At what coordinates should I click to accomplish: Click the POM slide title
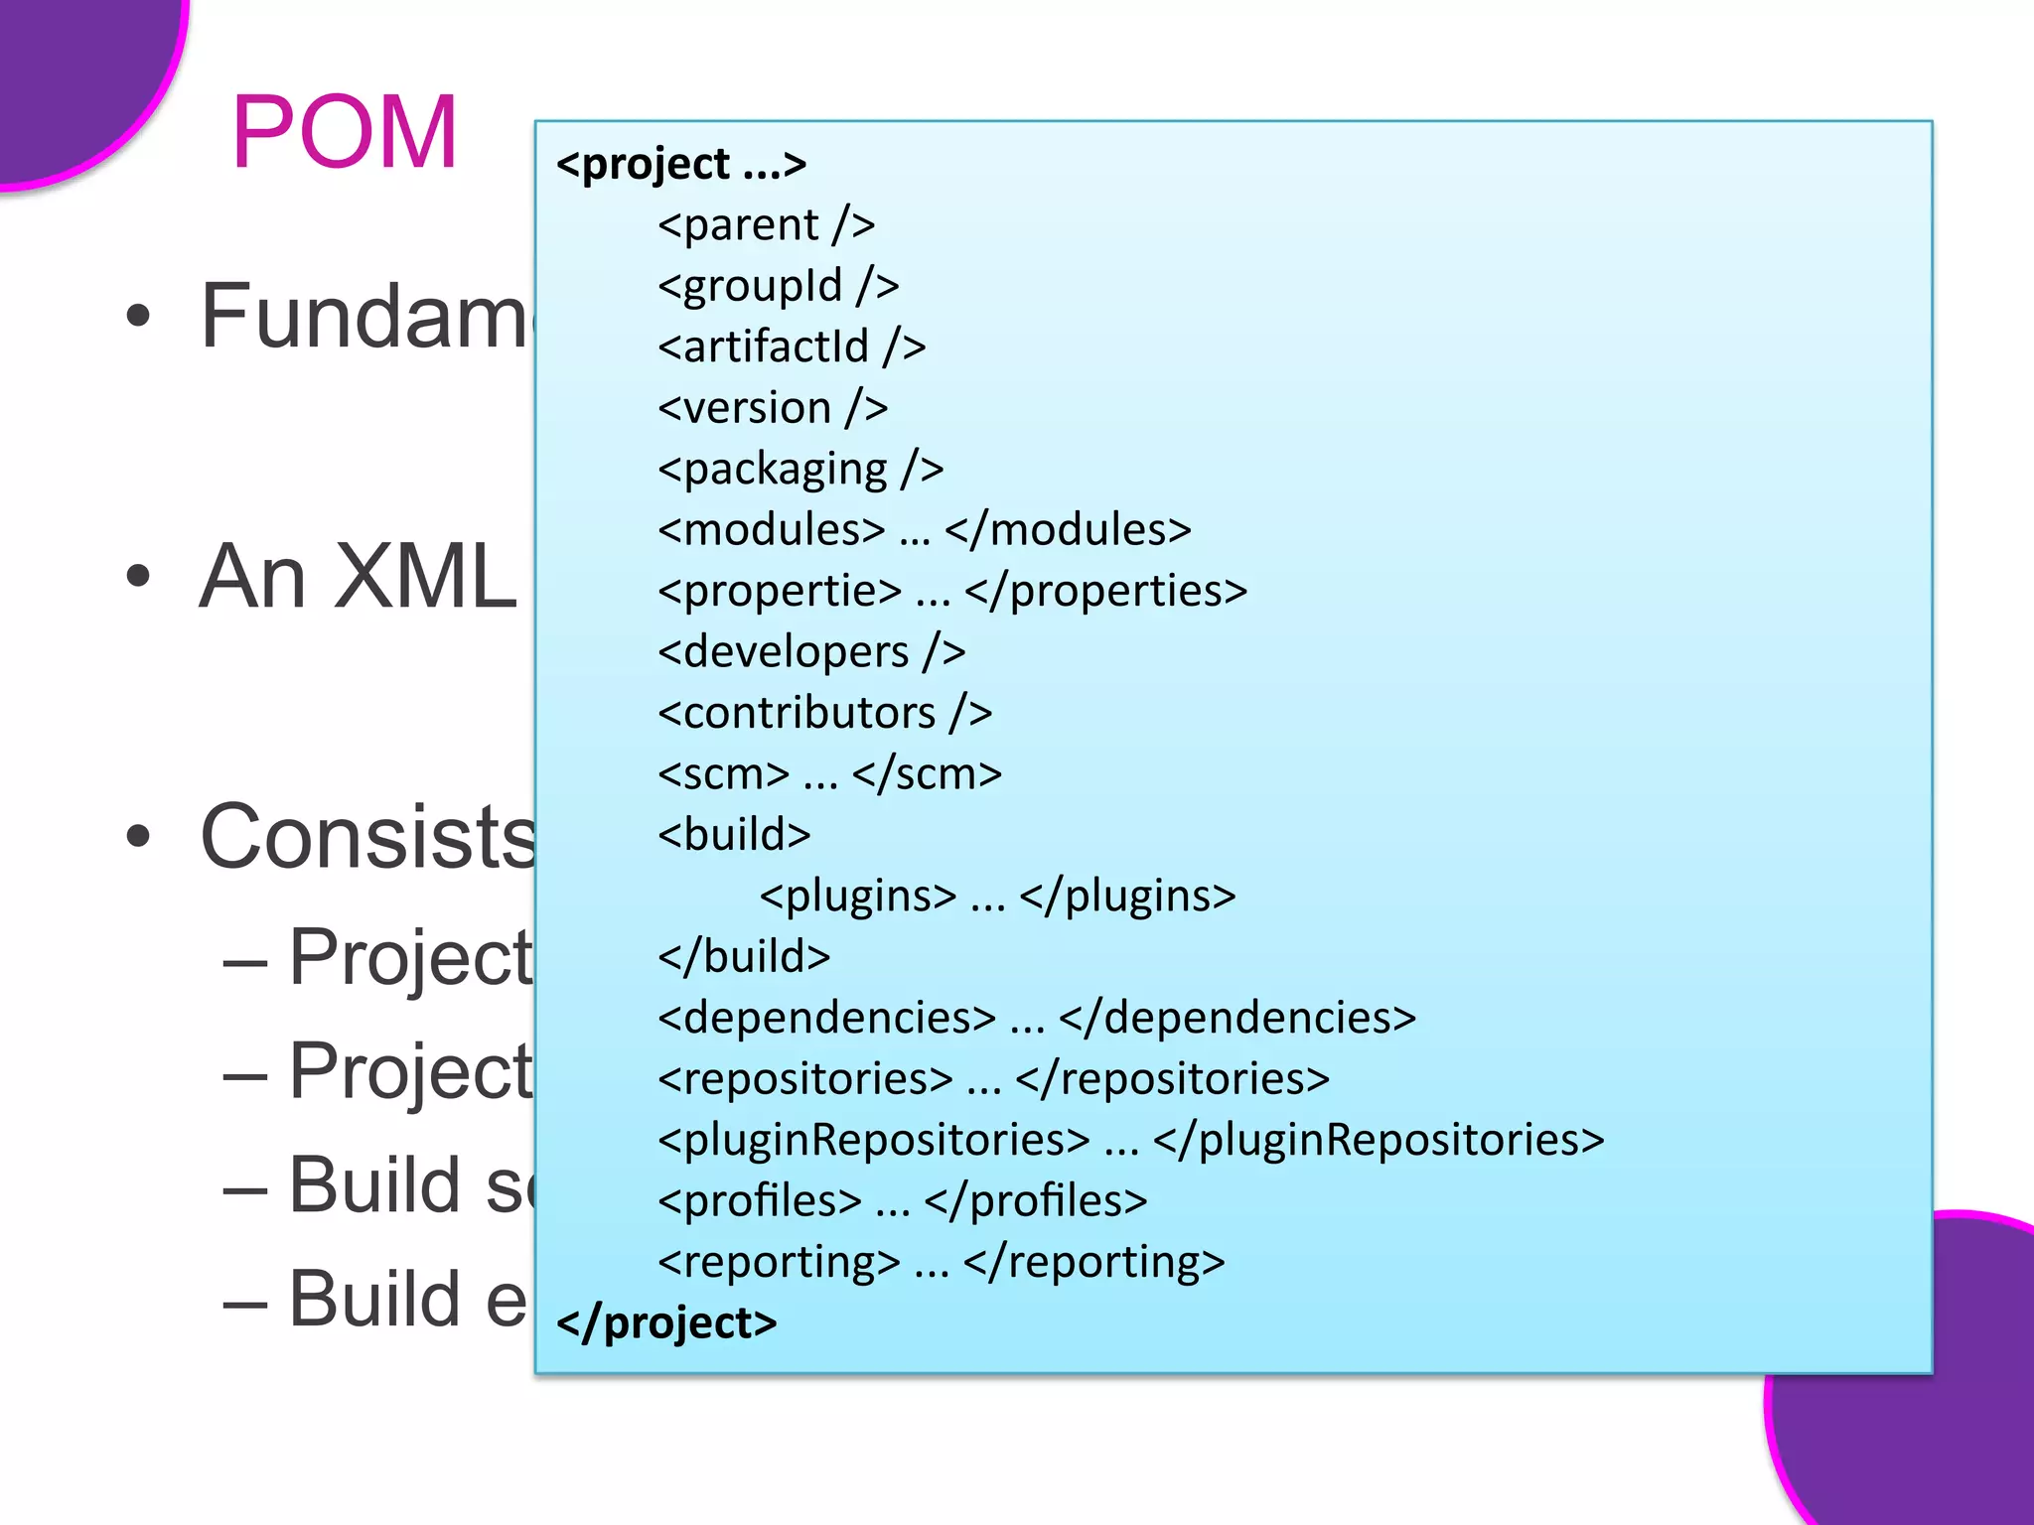click(x=345, y=132)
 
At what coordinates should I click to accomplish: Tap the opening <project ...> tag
click(x=681, y=165)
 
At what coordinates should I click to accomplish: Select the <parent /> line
click(x=766, y=225)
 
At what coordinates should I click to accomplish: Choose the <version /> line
click(x=772, y=408)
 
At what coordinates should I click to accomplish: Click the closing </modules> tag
click(x=1068, y=530)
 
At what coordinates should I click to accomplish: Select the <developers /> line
click(x=811, y=652)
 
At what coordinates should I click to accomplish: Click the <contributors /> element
click(x=824, y=713)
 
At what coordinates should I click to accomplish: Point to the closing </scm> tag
click(x=927, y=774)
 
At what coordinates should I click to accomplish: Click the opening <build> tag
click(x=734, y=835)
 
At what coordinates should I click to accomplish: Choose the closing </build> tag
click(x=744, y=957)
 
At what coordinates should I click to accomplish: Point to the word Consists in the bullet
click(x=367, y=837)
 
